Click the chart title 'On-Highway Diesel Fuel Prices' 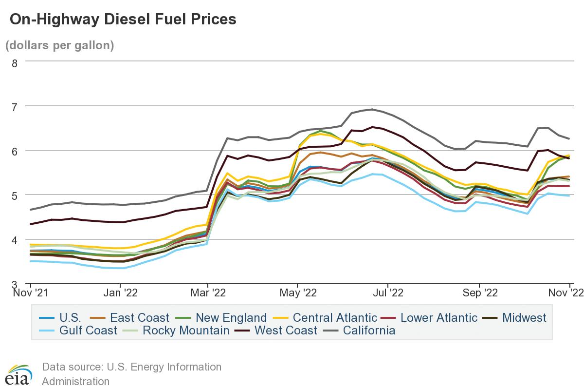[123, 19]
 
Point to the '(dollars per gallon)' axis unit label [59, 45]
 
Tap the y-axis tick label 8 [14, 62]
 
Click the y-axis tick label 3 [14, 285]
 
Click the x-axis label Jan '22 [120, 293]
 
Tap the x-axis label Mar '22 [208, 293]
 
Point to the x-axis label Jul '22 [388, 293]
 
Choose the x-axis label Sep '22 [479, 293]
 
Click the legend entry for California [368, 331]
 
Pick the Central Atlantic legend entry [335, 318]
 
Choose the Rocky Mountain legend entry [185, 331]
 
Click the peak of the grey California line [372, 109]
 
